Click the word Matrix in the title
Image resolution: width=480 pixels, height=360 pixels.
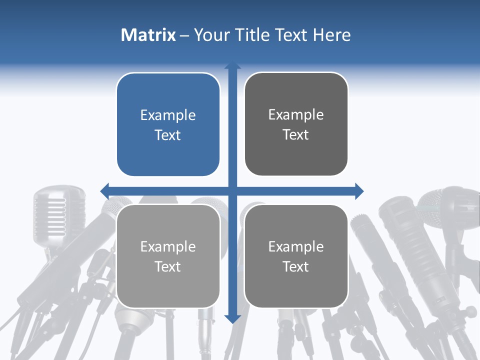148,35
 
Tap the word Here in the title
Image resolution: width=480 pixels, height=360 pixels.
331,35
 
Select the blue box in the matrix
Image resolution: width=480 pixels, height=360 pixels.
168,125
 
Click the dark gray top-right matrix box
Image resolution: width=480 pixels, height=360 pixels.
296,124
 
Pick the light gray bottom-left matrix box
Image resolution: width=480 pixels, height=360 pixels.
168,256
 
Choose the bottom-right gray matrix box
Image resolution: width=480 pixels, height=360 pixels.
296,256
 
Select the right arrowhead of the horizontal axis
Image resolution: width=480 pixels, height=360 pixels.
359,190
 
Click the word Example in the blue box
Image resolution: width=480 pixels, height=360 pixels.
168,115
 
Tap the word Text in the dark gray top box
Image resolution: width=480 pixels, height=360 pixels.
296,135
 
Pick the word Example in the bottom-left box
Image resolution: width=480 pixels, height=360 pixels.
168,247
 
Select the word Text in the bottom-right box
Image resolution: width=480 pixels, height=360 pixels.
296,266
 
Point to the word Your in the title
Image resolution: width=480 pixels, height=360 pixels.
210,35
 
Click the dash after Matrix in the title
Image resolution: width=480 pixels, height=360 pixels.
184,35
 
